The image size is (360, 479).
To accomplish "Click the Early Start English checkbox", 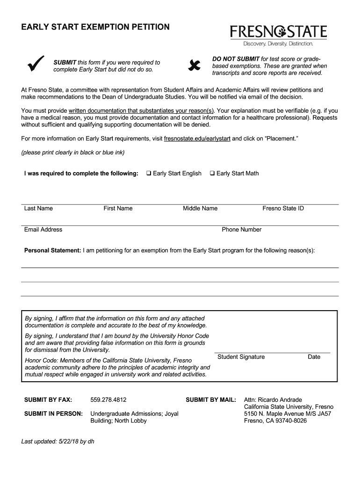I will click(x=149, y=174).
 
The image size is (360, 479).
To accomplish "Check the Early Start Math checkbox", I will click(x=212, y=174).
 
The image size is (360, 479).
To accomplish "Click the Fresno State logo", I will click(x=278, y=35).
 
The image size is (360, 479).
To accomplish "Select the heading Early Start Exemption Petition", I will click(x=95, y=27).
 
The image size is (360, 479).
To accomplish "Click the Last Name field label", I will click(x=38, y=209).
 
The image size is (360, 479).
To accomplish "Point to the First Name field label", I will click(x=118, y=209).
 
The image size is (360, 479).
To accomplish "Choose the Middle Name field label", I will click(x=200, y=209).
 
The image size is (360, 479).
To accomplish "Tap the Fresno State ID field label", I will click(x=283, y=209).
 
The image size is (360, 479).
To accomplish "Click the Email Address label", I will click(x=43, y=230).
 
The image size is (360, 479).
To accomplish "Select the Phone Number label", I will click(x=242, y=230).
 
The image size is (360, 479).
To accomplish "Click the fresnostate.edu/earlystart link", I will click(x=197, y=139).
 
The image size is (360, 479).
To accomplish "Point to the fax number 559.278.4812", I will click(x=108, y=400).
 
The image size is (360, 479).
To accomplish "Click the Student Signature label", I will click(x=241, y=357).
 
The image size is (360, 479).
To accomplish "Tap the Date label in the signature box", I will click(x=314, y=357).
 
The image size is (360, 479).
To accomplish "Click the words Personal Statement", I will click(x=52, y=251).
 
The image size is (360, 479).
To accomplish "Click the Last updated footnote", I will click(x=58, y=441).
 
